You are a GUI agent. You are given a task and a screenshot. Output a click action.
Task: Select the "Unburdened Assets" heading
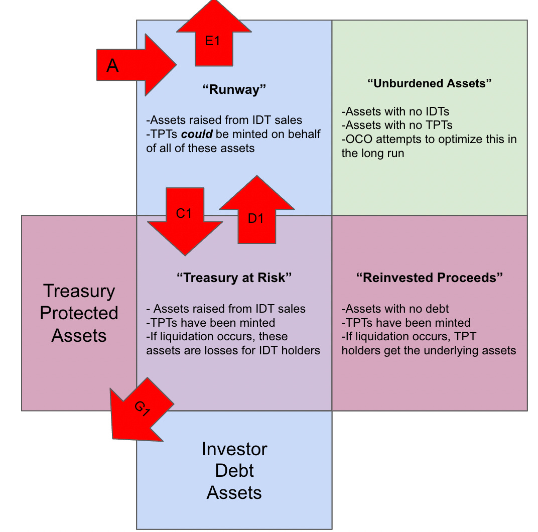[x=429, y=83]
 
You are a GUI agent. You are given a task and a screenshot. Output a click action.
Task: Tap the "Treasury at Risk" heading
[x=234, y=278]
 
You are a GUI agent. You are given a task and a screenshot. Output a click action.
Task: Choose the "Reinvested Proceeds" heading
[x=429, y=278]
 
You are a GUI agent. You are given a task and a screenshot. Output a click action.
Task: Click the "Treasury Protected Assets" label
[x=79, y=313]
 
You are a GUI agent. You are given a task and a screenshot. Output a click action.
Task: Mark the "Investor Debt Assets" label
[x=234, y=470]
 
